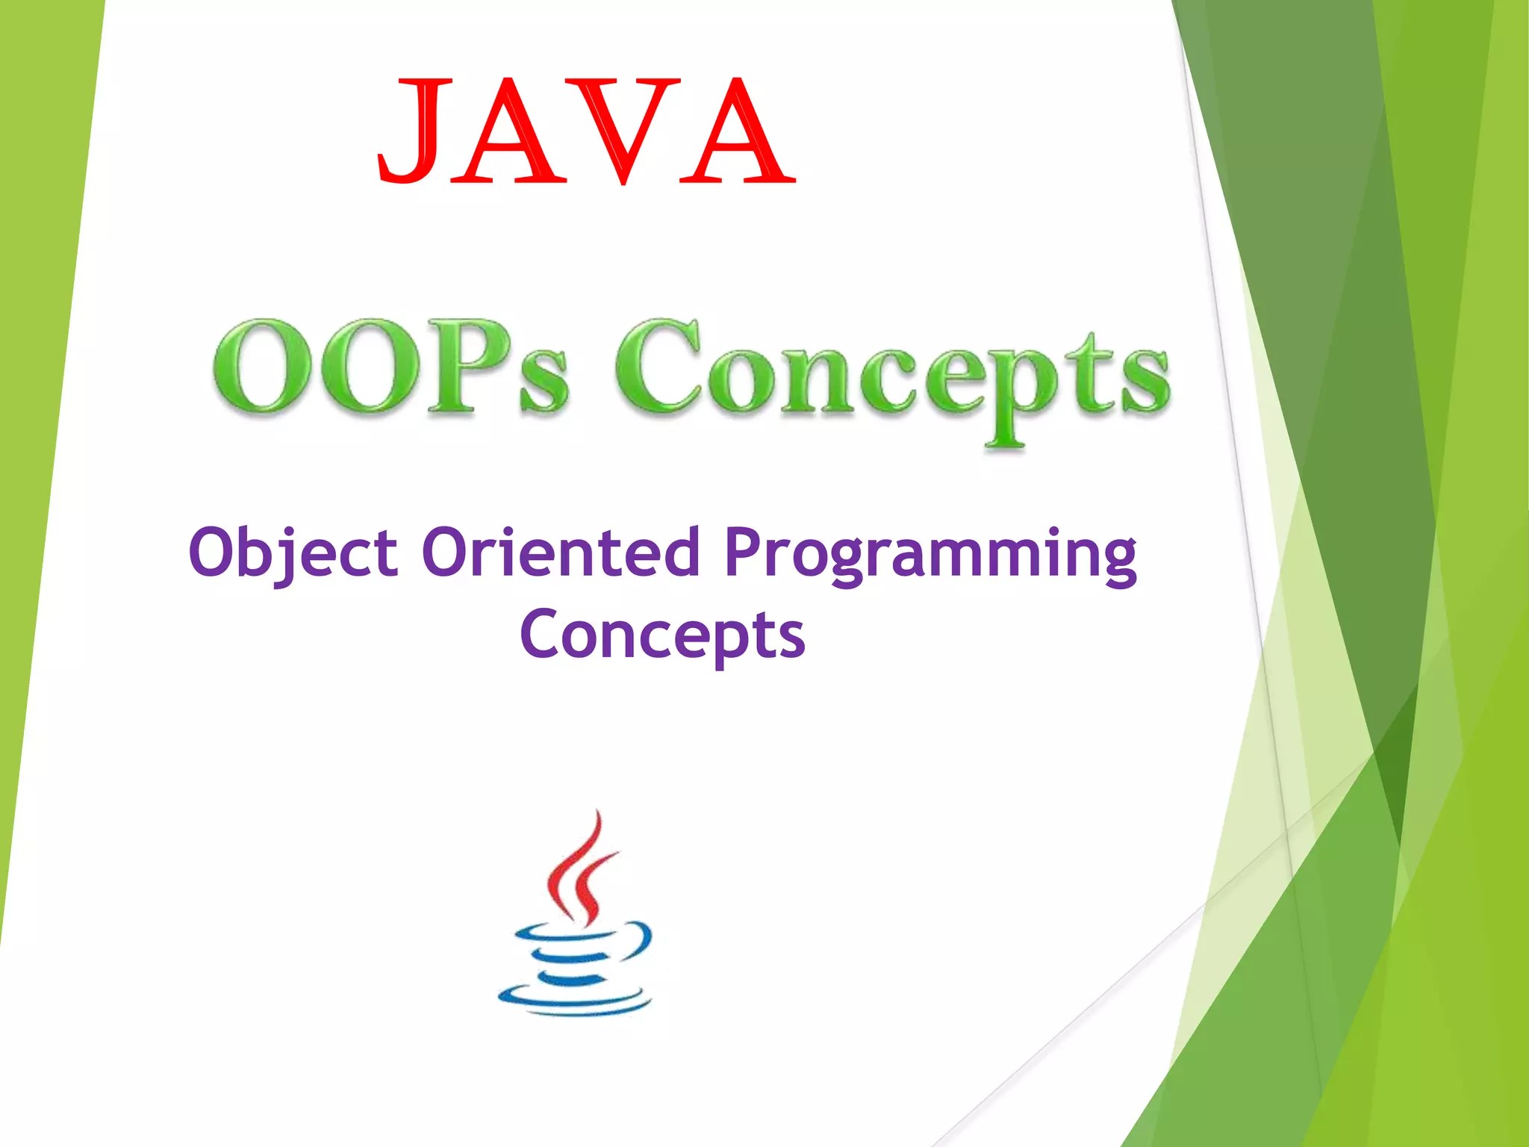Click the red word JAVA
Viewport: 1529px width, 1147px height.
pyautogui.click(x=587, y=130)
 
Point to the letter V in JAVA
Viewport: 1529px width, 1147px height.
pyautogui.click(x=624, y=130)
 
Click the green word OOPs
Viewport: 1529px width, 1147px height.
pyautogui.click(x=390, y=367)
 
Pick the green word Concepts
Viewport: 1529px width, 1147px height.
pyautogui.click(x=891, y=381)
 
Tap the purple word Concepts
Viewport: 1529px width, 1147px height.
pyautogui.click(x=663, y=636)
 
